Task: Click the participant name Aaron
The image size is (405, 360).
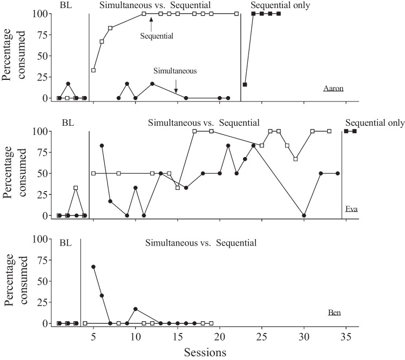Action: pyautogui.click(x=334, y=89)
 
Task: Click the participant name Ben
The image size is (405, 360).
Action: pyautogui.click(x=334, y=313)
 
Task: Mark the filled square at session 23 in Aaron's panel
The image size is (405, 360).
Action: pyautogui.click(x=245, y=85)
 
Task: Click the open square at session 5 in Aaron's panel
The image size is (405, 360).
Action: pyautogui.click(x=93, y=70)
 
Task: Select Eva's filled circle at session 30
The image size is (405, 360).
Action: pyautogui.click(x=304, y=215)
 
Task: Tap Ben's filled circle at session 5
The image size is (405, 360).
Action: pyautogui.click(x=93, y=267)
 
